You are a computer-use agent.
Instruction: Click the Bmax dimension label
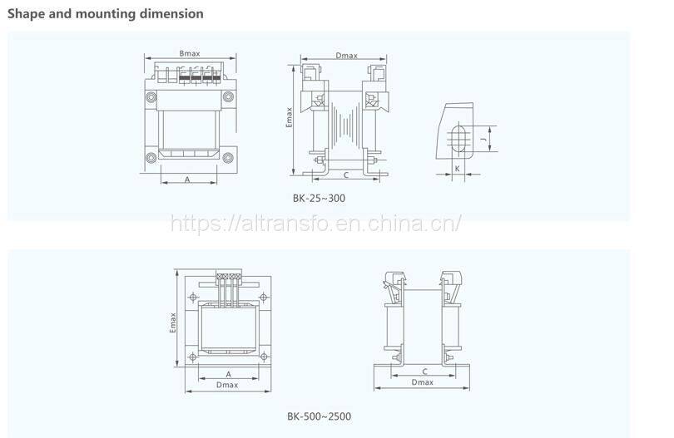[x=190, y=54]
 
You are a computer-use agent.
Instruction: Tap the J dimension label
[x=483, y=139]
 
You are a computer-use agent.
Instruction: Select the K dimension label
[x=458, y=169]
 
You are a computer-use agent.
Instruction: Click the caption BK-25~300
[x=319, y=198]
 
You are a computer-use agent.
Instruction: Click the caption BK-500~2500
[x=319, y=416]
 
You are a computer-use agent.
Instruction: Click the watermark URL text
[x=316, y=224]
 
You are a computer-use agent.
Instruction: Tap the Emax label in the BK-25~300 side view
[x=290, y=117]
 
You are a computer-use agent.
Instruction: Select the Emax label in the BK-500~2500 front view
[x=173, y=322]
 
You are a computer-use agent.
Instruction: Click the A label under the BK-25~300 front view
[x=187, y=180]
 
